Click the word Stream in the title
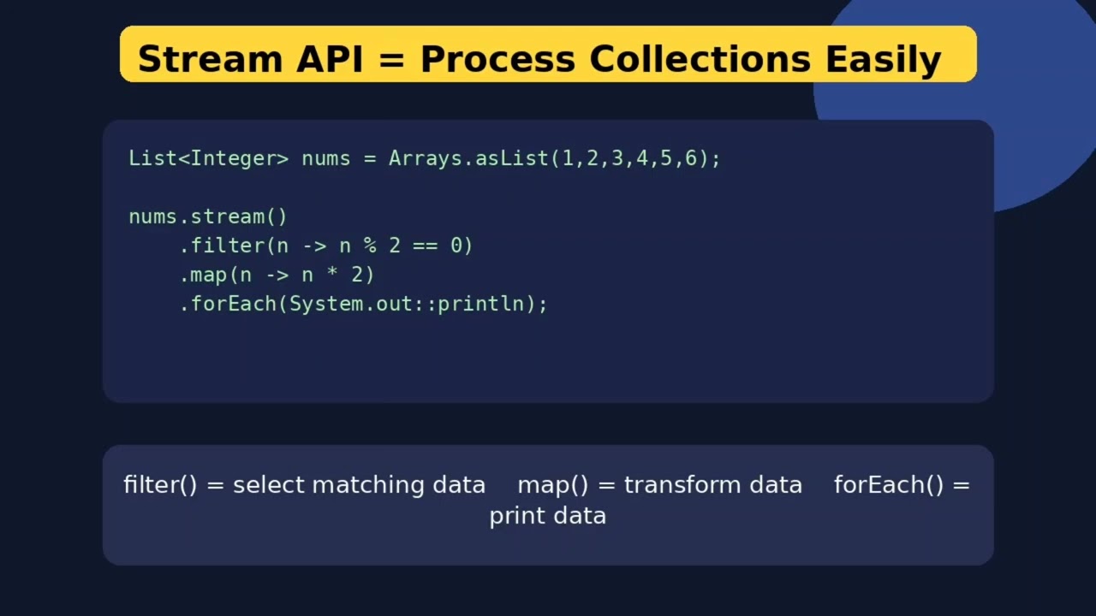(x=211, y=59)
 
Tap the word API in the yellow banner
(x=330, y=59)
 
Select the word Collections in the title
(x=700, y=59)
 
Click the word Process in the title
(x=497, y=59)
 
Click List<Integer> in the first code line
(x=208, y=158)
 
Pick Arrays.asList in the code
(x=468, y=158)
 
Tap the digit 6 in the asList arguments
(x=690, y=158)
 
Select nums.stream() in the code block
(x=208, y=216)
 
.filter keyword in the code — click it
(x=222, y=246)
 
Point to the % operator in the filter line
(x=370, y=246)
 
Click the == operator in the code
(x=426, y=246)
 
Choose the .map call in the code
(x=203, y=275)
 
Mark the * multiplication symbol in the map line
(x=332, y=271)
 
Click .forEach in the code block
(x=228, y=304)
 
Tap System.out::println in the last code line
(x=407, y=304)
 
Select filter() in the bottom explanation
(x=160, y=485)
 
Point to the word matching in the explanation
(x=368, y=486)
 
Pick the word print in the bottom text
(x=516, y=516)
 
